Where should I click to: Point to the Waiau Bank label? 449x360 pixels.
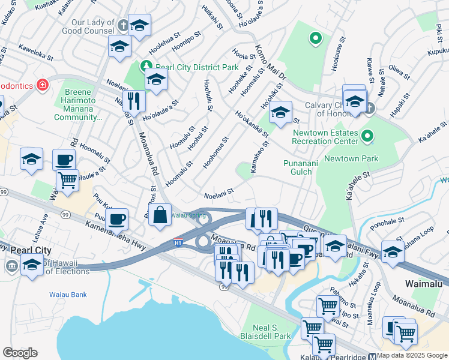[68, 295]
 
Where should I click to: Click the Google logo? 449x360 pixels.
[20, 353]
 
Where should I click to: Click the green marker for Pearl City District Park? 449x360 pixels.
[146, 65]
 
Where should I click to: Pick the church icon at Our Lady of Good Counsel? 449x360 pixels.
[123, 26]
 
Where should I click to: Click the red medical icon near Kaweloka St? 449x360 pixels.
[42, 85]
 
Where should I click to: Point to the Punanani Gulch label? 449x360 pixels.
[298, 167]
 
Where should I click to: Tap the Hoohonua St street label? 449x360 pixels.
[215, 152]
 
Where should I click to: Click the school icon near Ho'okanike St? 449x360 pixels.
[280, 112]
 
